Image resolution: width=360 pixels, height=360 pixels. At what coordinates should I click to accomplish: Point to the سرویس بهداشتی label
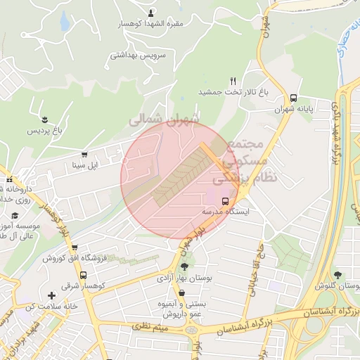click(141, 54)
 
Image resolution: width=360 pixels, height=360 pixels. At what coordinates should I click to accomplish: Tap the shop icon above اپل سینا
click(85, 155)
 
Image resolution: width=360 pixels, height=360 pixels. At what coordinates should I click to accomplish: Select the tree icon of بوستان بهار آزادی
click(184, 266)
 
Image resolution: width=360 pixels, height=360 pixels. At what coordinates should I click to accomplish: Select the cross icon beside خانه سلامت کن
click(51, 295)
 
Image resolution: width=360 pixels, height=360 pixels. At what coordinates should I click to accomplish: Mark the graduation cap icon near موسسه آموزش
click(14, 217)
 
